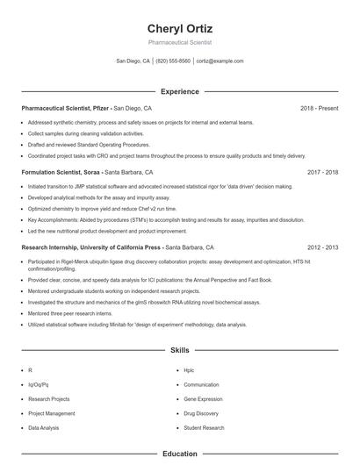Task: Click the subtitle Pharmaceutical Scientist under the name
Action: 179,42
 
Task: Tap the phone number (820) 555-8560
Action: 173,61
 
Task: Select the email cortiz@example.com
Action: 220,61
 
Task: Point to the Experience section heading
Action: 179,91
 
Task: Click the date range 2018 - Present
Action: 319,108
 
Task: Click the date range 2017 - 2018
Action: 322,173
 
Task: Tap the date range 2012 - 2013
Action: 322,248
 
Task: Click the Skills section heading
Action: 179,349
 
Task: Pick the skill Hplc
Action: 190,370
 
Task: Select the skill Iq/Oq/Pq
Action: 39,384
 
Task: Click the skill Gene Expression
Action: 203,398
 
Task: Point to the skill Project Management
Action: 51,412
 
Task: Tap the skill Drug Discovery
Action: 201,412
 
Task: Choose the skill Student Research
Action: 205,427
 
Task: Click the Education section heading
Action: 179,454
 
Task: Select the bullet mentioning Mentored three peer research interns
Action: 70,312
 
